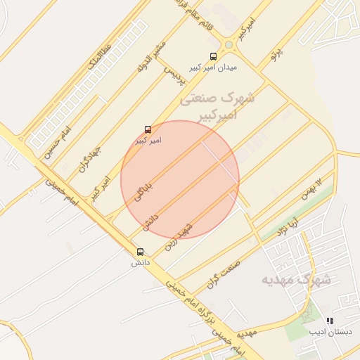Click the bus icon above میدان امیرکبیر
click(x=213, y=56)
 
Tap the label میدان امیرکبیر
click(x=213, y=68)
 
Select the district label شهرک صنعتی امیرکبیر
click(x=217, y=106)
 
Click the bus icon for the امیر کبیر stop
click(x=148, y=129)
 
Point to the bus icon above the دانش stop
click(x=140, y=252)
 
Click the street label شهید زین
click(x=179, y=236)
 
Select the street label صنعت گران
click(x=224, y=274)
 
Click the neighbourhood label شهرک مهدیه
click(x=296, y=279)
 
